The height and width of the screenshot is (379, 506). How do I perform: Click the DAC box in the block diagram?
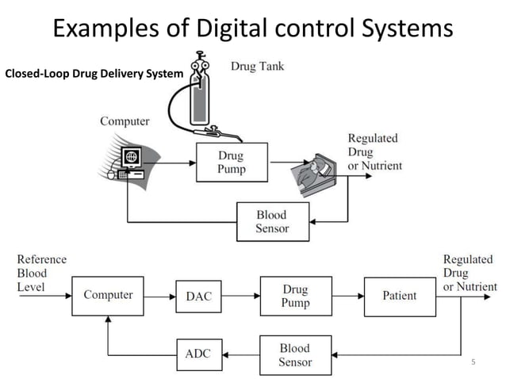(x=198, y=296)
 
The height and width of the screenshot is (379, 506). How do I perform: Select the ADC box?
(x=198, y=354)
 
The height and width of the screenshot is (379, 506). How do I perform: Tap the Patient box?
(x=400, y=296)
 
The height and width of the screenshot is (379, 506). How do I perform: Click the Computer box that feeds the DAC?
(x=108, y=296)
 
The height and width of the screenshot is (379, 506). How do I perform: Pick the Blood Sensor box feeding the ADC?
(x=294, y=355)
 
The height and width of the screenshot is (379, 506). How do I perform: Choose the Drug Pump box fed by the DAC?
(x=294, y=296)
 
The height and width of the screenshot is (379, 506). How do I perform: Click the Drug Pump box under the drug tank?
(x=232, y=163)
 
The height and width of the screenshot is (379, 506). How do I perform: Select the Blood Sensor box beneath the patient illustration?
(x=272, y=222)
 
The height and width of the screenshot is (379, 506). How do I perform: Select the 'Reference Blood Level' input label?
(x=41, y=273)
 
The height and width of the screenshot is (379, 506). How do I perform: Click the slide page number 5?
(x=473, y=362)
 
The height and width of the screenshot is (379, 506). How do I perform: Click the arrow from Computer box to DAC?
(x=159, y=296)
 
